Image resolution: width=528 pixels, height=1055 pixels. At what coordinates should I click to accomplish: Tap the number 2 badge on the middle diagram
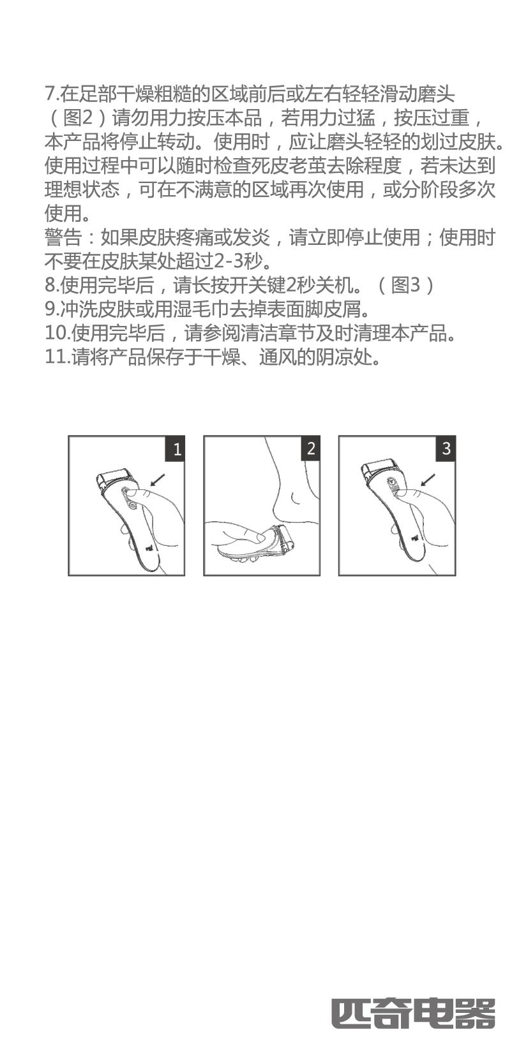310,449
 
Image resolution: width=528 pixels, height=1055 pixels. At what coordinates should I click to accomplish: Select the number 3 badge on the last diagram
446,449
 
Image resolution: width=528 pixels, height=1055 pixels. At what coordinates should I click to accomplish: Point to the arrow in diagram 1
157,480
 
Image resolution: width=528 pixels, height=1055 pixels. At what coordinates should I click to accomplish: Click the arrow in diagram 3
428,480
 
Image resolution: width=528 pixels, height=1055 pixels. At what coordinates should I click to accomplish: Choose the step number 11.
57,357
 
